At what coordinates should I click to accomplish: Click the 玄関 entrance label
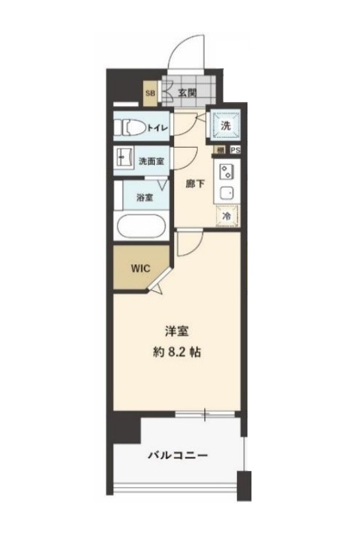pyautogui.click(x=187, y=93)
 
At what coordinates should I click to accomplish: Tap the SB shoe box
pyautogui.click(x=150, y=93)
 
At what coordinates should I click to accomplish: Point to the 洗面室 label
pyautogui.click(x=152, y=160)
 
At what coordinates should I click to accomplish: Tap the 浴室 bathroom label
pyautogui.click(x=145, y=197)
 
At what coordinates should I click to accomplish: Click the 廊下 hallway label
pyautogui.click(x=195, y=184)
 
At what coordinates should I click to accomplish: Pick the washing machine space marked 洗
pyautogui.click(x=225, y=125)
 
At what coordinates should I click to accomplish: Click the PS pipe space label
pyautogui.click(x=236, y=150)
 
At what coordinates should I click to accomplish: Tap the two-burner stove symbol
pyautogui.click(x=226, y=173)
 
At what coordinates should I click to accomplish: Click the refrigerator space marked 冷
pyautogui.click(x=226, y=216)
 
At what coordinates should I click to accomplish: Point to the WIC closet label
pyautogui.click(x=140, y=268)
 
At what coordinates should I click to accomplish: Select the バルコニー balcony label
pyautogui.click(x=177, y=456)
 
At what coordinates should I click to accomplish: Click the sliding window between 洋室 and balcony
pyautogui.click(x=206, y=415)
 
